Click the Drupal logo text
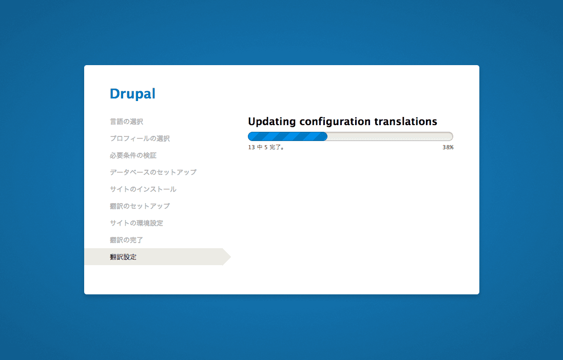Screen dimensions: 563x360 [132, 94]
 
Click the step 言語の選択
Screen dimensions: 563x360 [126, 122]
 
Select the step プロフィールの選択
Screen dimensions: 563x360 [140, 138]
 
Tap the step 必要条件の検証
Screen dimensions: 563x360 [133, 155]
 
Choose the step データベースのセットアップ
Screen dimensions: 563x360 [153, 172]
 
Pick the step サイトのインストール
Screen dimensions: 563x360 [143, 189]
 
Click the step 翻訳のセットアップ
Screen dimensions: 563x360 [140, 206]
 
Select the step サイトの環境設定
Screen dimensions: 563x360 [137, 223]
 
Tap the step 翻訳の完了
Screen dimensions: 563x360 [126, 240]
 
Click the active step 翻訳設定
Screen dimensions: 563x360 [123, 257]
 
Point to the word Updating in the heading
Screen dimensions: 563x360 [272, 122]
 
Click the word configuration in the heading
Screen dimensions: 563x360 [335, 122]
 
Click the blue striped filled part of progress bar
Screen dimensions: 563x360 [287, 136]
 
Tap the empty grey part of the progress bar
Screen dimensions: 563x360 [390, 136]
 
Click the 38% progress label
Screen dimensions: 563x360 [448, 148]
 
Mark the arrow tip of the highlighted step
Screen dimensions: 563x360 [231, 256]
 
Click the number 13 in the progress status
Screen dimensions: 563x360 [251, 148]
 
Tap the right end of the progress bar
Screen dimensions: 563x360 [453, 136]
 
